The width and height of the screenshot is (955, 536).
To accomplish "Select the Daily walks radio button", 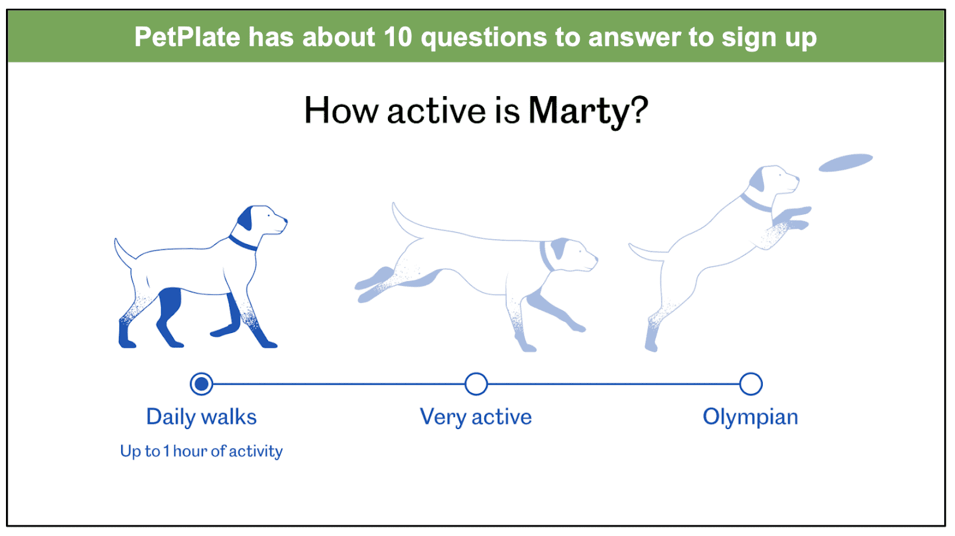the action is (201, 384).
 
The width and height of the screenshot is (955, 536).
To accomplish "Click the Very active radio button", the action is (476, 384).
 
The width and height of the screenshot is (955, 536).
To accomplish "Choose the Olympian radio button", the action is (751, 384).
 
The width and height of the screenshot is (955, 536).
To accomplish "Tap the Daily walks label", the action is (201, 417).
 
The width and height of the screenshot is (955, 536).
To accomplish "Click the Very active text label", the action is (476, 417).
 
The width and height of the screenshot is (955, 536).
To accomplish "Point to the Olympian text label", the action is (750, 417).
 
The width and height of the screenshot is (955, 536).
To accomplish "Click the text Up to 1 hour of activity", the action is (201, 451).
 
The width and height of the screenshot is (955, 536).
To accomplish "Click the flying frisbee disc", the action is (846, 162).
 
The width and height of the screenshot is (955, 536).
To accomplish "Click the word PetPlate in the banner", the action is (187, 36).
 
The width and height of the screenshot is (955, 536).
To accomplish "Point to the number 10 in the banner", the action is (398, 36).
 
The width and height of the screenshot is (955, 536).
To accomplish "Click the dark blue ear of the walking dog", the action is (245, 218).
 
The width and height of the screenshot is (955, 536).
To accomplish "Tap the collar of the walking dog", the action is (243, 244).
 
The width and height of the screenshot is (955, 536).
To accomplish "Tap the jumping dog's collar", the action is (756, 202).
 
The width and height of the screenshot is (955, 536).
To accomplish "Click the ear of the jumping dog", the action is (757, 180).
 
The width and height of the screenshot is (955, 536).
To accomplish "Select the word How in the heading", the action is (341, 110).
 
